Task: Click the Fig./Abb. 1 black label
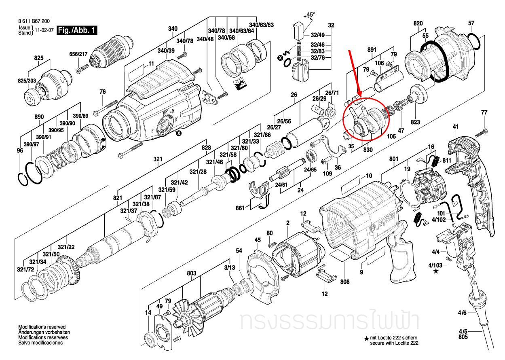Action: pos(77,30)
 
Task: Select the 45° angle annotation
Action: pos(310,15)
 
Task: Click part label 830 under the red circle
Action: pos(357,149)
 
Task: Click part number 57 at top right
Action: pos(471,23)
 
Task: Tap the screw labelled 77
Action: pos(480,131)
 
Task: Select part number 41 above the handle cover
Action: pos(456,127)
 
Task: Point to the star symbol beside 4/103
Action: pos(435,271)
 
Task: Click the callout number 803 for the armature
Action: pos(191,274)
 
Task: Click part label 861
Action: pos(240,208)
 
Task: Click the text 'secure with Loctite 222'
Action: pos(394,343)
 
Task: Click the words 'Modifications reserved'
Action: pos(42,327)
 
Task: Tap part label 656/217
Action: pos(78,54)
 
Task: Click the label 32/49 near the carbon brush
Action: pos(317,35)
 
